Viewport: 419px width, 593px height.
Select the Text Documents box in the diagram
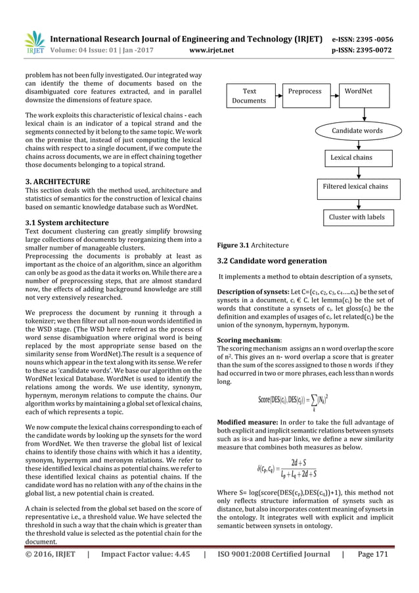[x=250, y=95]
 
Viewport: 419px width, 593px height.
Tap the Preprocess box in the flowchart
[x=304, y=91]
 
